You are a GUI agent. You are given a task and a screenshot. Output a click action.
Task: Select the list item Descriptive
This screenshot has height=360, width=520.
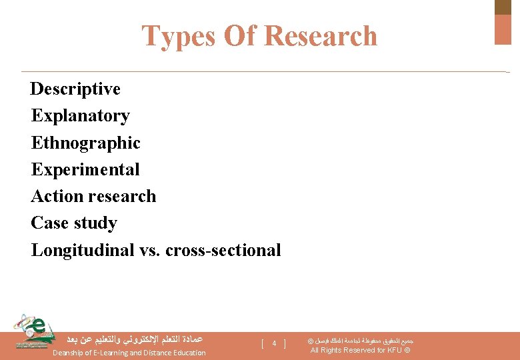point(75,89)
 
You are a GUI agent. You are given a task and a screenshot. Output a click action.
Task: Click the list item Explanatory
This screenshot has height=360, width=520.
point(80,115)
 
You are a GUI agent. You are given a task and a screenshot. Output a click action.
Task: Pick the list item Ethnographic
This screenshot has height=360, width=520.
point(85,143)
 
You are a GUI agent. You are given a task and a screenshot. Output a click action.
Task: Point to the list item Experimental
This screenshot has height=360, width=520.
point(85,169)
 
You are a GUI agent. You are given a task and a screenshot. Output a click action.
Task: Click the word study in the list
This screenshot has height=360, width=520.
point(95,223)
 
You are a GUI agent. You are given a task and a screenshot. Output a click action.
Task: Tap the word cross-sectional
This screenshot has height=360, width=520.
point(223,250)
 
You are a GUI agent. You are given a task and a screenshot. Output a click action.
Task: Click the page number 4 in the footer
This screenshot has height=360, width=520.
point(274,343)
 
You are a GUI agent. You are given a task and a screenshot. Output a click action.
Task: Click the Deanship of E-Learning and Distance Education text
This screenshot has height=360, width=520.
point(129,353)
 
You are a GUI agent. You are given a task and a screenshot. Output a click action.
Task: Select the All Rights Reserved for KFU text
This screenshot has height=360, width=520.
point(360,351)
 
